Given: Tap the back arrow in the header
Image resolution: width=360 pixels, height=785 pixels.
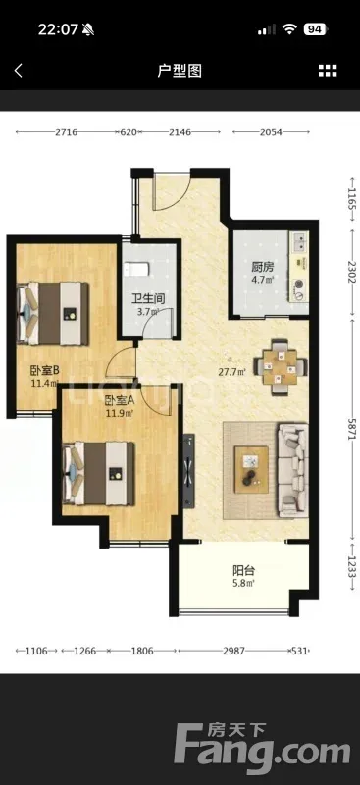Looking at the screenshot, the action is pos(19,70).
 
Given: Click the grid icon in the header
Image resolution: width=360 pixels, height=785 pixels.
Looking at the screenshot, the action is pos(328,71).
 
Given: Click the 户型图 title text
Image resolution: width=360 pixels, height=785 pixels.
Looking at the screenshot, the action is pos(180,71).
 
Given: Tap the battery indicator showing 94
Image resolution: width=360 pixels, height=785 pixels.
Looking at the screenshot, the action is pos(315,29).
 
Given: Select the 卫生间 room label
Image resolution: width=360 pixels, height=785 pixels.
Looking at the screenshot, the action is pos(148,299).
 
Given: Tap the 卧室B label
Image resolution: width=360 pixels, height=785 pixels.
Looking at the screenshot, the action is pos(45,371).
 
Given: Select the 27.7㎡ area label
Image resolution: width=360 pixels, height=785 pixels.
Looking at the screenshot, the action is pos(231,372).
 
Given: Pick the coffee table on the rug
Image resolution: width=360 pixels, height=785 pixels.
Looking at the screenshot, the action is pos(251,470).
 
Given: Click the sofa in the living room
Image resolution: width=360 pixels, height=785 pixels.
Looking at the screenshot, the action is pos(293,470).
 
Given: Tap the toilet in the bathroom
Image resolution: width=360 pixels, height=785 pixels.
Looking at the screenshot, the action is pos(136,270).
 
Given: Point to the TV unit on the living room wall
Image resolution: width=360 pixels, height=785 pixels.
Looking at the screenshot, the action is pos(189,471).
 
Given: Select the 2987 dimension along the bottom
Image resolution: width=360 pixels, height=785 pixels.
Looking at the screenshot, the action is pos(233,651).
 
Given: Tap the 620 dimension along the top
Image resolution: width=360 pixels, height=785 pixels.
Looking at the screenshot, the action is pos(129,132).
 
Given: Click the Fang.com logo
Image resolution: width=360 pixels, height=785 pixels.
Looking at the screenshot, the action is pos(262,748).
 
